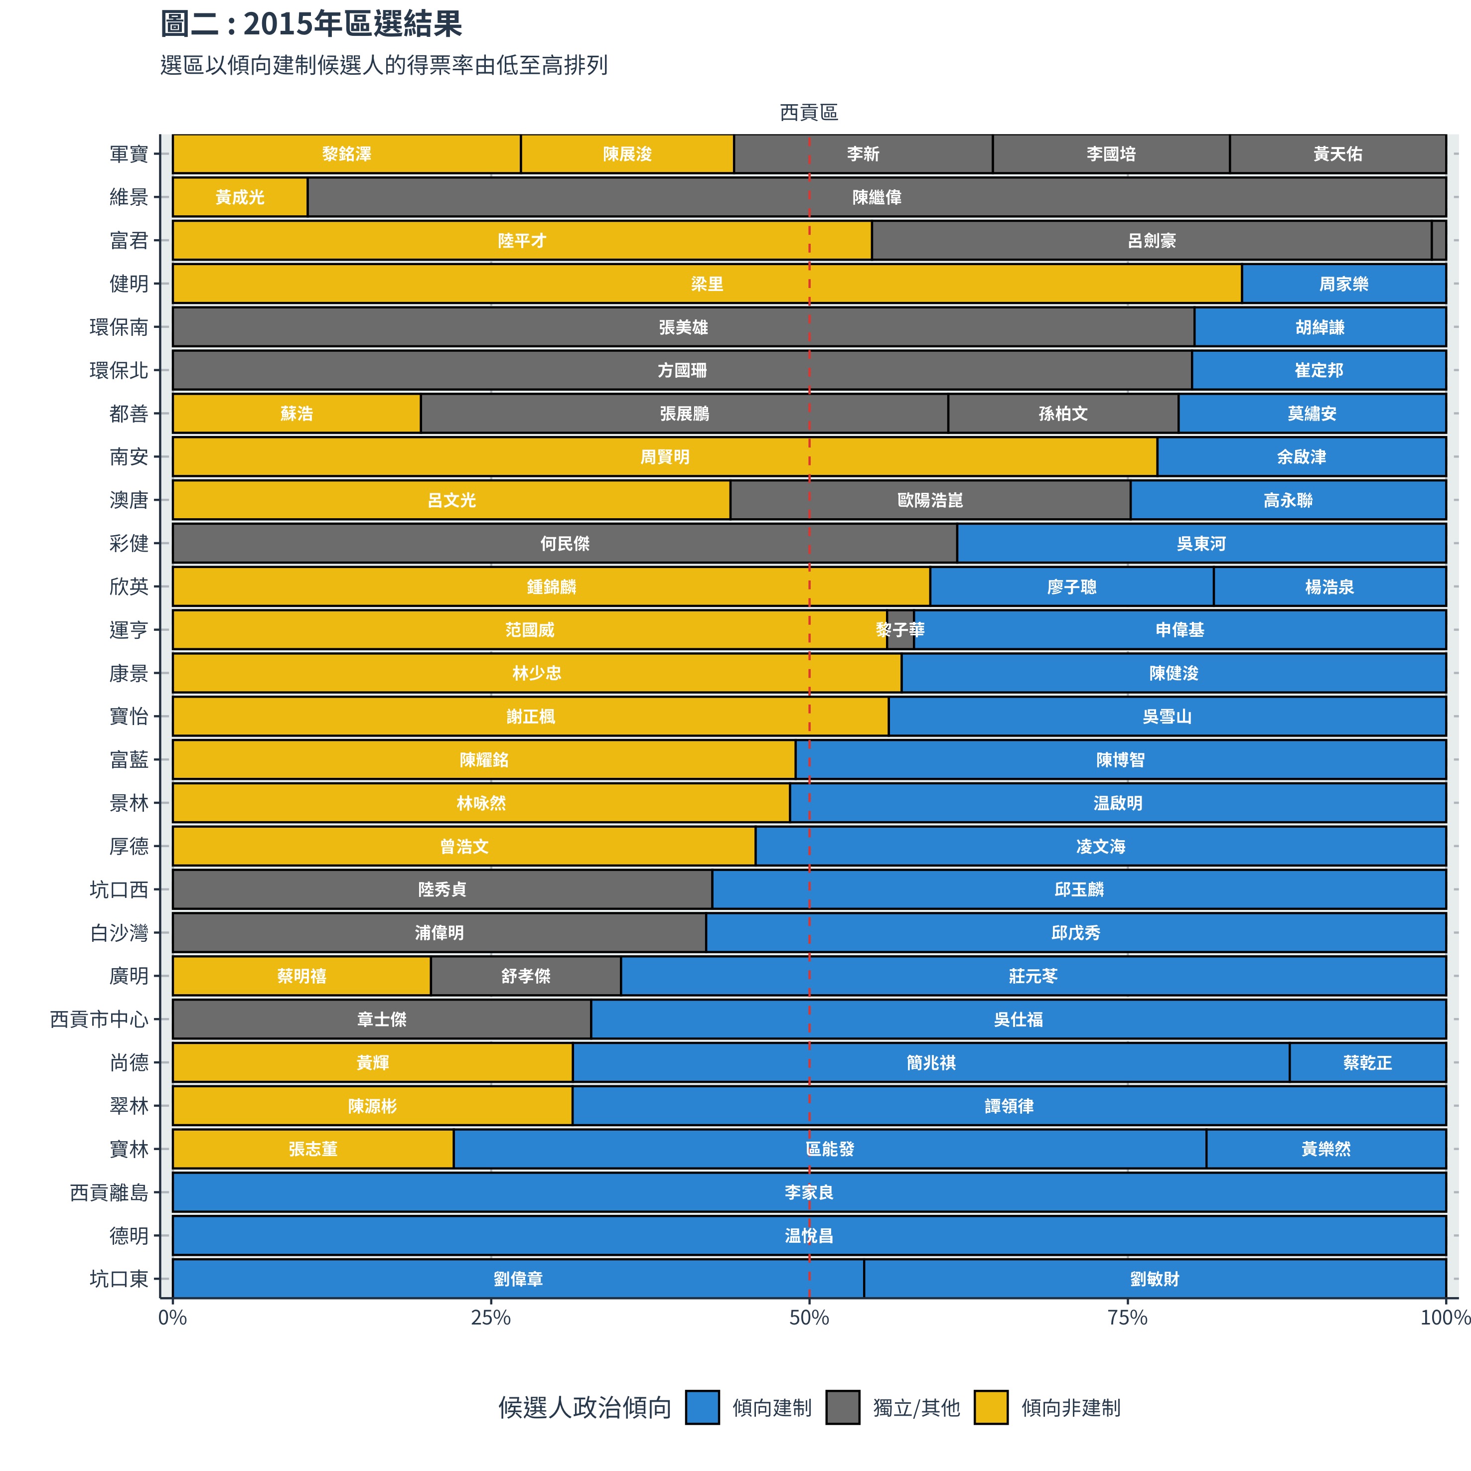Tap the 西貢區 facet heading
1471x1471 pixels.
click(x=809, y=113)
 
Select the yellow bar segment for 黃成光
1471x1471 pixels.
click(x=240, y=197)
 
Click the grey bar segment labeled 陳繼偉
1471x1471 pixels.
click(x=877, y=197)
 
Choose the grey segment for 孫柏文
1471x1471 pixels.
click(x=1063, y=414)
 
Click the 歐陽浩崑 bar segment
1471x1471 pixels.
click(x=930, y=500)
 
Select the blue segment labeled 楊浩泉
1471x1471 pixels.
click(x=1329, y=587)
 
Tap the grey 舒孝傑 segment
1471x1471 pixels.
click(x=525, y=976)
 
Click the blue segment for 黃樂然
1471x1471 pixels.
click(x=1325, y=1149)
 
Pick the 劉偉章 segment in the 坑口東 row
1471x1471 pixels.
click(x=518, y=1279)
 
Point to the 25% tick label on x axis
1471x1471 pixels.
click(x=491, y=1318)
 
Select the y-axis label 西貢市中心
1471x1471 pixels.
click(x=99, y=1020)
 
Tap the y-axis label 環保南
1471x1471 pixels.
click(x=119, y=327)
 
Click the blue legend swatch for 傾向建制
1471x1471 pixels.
click(x=702, y=1408)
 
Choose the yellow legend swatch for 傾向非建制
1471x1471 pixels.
click(x=991, y=1408)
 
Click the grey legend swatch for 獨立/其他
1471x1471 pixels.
click(x=843, y=1408)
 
